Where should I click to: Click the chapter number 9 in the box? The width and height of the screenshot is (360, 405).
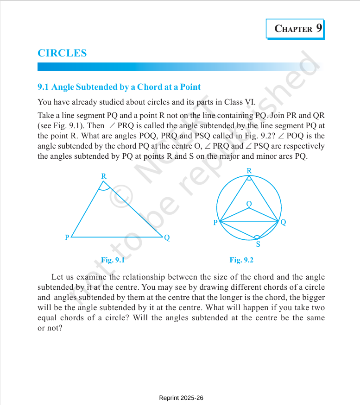click(x=319, y=28)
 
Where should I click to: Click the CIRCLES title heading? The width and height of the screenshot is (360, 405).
click(x=62, y=53)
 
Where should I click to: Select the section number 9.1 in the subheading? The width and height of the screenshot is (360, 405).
click(x=43, y=87)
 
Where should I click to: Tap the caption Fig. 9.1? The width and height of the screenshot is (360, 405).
click(x=113, y=260)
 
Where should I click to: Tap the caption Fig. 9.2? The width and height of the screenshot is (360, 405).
click(x=241, y=260)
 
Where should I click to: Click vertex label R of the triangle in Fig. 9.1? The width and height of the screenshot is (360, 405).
click(x=104, y=176)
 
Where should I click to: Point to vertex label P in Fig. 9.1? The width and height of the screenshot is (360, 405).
click(x=67, y=238)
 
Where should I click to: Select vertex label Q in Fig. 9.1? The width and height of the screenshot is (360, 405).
click(x=167, y=238)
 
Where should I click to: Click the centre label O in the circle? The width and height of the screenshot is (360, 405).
click(x=249, y=204)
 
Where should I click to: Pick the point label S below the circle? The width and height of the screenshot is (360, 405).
click(x=258, y=244)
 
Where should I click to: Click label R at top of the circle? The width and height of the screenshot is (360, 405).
click(x=249, y=171)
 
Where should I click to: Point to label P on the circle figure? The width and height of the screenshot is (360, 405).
click(x=215, y=223)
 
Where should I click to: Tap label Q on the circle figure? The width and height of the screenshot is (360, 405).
click(x=283, y=223)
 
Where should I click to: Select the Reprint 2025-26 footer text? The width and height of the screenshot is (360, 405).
click(x=181, y=398)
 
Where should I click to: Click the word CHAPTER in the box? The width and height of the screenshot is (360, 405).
click(x=293, y=29)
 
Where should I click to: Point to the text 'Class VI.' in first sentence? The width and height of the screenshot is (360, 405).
click(x=240, y=102)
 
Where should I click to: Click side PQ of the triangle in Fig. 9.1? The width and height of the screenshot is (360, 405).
click(x=116, y=237)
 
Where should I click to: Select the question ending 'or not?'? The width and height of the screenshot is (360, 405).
click(x=50, y=328)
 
